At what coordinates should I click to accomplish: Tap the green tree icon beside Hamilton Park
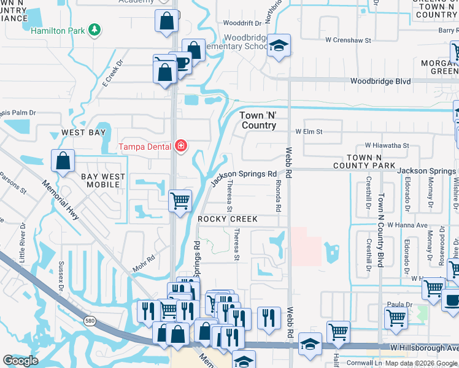point(94,29)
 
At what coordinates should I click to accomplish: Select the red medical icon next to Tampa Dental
point(180,146)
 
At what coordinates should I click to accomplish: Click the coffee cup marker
point(182,63)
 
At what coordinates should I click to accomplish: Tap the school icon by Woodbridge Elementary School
point(279,45)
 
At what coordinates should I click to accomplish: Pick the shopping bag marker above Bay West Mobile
point(63,162)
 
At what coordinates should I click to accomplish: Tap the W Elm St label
point(309,131)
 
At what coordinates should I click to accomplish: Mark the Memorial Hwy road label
point(66,201)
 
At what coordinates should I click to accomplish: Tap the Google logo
point(21,361)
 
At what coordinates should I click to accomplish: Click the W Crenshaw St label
point(349,40)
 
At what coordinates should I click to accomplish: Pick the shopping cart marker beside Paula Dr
point(396,318)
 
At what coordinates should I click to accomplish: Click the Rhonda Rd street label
point(278,199)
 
